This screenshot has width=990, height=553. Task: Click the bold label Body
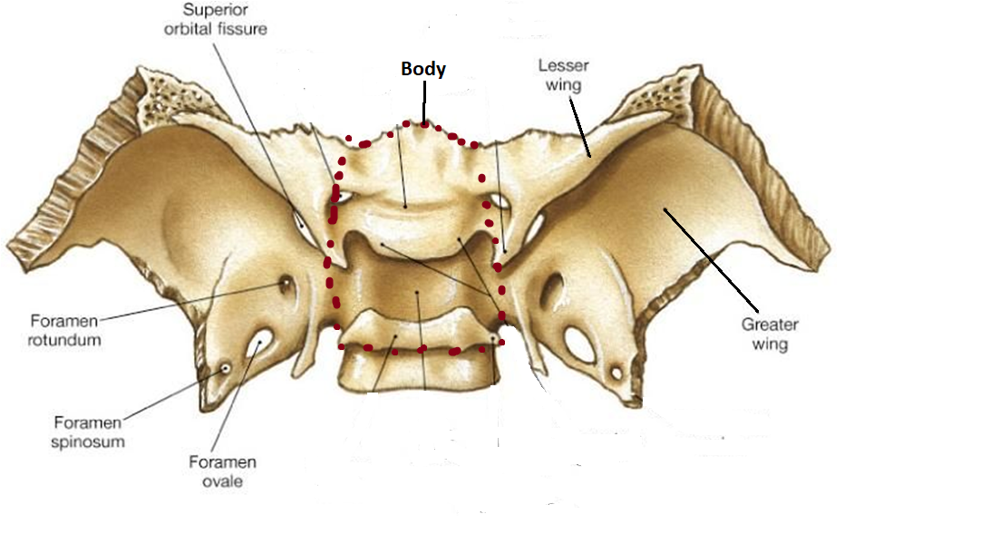[423, 70]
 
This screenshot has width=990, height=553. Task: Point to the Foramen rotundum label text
[65, 331]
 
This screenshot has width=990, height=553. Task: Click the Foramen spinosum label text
[89, 432]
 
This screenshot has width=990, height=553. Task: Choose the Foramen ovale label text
[222, 471]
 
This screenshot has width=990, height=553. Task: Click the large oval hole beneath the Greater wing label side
[577, 344]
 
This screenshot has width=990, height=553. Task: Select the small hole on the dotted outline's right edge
[498, 200]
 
